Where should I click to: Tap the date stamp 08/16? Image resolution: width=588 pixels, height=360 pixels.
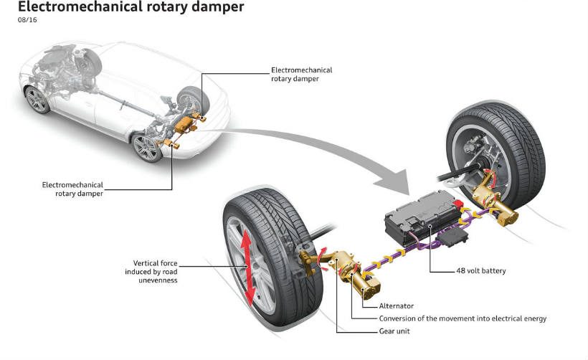point(28,21)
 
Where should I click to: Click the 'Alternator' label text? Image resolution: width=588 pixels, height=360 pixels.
point(396,306)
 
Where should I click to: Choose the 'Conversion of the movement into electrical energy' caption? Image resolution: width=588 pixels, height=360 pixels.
point(463,318)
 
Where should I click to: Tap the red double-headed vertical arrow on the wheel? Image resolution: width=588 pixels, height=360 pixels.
point(246,267)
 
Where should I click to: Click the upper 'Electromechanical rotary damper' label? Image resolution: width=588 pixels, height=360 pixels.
point(301,75)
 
